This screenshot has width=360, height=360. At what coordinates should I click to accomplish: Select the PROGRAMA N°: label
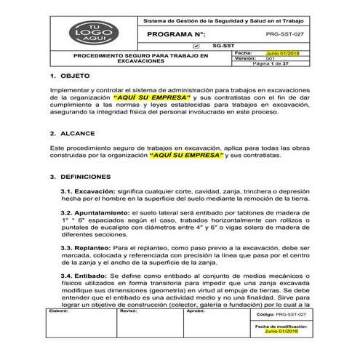pos(177,34)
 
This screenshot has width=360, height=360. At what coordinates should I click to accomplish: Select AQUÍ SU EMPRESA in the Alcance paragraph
pos(186,155)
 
